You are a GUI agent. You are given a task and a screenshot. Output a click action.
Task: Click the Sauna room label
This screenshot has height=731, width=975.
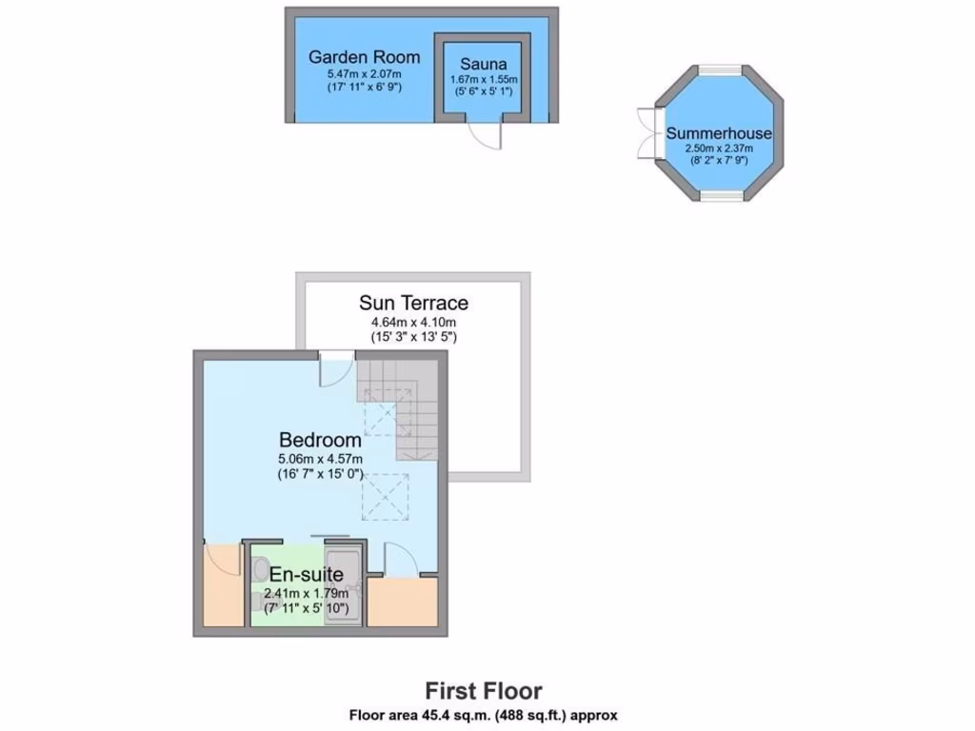[x=483, y=64]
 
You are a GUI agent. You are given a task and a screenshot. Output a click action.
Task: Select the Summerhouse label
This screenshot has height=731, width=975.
[x=719, y=133]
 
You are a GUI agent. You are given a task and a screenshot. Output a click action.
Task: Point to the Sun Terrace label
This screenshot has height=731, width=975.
[x=413, y=304]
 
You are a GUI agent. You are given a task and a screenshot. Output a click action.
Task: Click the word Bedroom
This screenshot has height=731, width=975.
[x=320, y=440]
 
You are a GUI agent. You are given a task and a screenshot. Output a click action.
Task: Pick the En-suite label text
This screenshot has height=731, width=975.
[x=306, y=574]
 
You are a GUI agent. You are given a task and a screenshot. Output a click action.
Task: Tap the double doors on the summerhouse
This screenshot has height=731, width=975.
[x=647, y=132]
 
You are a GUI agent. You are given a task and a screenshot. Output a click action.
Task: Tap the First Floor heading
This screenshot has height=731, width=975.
[x=483, y=690]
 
